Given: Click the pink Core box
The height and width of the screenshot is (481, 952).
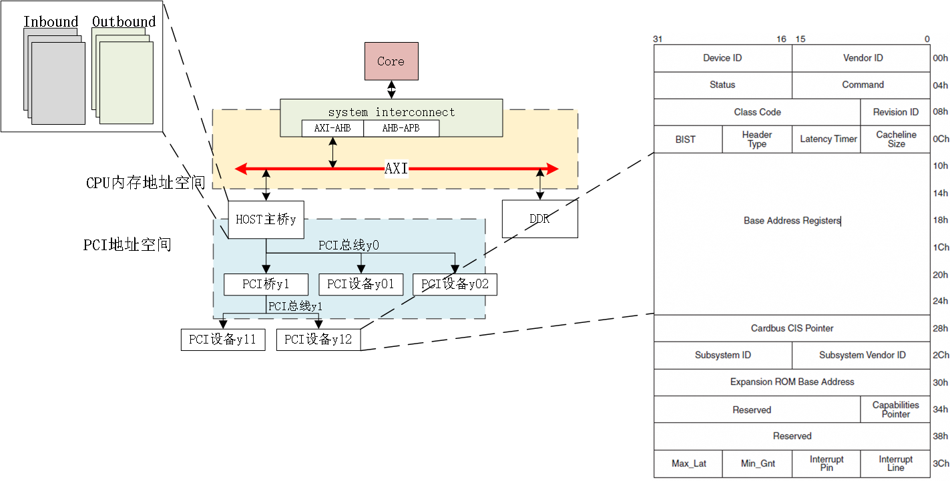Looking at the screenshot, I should (391, 61).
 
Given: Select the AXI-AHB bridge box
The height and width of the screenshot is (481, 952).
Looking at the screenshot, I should (332, 128).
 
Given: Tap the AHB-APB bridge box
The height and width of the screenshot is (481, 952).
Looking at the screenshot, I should (401, 128).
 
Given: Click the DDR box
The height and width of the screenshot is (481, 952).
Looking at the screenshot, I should (539, 219).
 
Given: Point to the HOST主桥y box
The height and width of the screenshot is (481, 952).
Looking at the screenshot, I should (266, 219).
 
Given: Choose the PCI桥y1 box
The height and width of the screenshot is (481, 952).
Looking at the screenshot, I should (266, 284).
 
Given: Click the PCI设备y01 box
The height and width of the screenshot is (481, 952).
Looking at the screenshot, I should (361, 284).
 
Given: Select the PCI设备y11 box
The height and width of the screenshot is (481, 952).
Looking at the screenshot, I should (222, 340).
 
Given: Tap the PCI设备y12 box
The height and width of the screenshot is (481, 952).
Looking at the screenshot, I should (318, 340).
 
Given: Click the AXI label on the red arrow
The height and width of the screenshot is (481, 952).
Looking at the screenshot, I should (396, 169).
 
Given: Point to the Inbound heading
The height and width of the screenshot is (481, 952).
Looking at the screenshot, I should (51, 22).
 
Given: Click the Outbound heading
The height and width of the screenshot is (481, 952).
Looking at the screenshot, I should (124, 22).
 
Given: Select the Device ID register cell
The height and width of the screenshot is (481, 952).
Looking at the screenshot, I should (722, 58).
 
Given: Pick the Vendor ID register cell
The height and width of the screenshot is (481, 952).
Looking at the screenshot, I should (863, 58).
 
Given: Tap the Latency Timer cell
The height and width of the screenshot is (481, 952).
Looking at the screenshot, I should (828, 139).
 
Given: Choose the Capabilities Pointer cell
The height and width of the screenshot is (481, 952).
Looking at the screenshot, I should (895, 410).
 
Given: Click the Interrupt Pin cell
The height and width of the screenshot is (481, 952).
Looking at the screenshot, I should (826, 464).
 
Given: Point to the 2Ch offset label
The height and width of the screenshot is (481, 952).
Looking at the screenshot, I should (941, 356).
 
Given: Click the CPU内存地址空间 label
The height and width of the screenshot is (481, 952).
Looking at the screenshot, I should (146, 183).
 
